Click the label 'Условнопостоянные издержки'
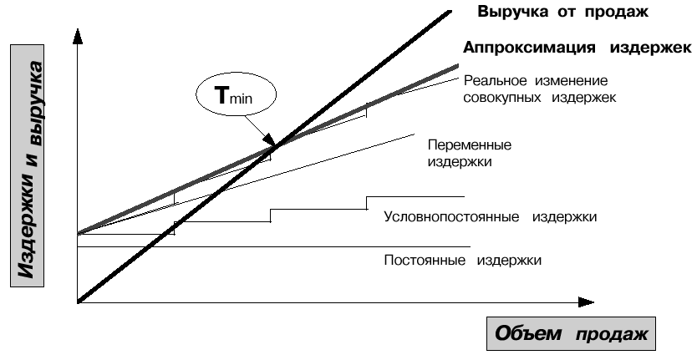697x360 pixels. (490, 216)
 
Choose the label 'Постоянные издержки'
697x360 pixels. (463, 260)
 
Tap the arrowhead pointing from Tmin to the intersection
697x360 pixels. (268, 144)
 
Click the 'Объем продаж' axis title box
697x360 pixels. (572, 336)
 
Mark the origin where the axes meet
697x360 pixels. (77, 302)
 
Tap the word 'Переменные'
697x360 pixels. (469, 145)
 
